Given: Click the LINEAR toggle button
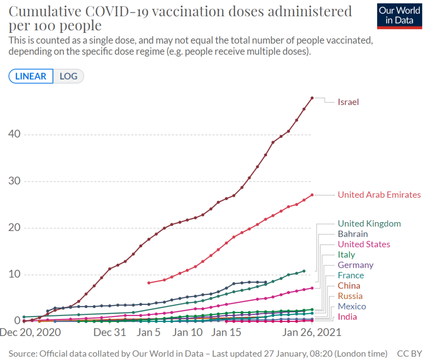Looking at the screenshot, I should click(x=31, y=76).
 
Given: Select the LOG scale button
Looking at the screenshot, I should click(x=68, y=76).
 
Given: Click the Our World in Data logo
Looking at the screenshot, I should click(x=396, y=15).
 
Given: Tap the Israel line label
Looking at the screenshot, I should click(x=348, y=102).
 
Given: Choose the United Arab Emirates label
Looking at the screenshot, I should click(x=379, y=195).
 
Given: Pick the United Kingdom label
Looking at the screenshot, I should click(x=369, y=223).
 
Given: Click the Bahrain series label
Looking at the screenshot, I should click(x=353, y=234).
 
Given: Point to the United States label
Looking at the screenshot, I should click(x=364, y=244).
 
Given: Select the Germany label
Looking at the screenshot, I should click(x=355, y=265).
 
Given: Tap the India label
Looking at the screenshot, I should click(x=347, y=317).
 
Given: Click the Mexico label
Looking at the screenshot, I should click(x=352, y=306).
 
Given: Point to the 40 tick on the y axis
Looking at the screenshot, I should click(x=15, y=135).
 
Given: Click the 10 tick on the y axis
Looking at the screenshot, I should click(x=15, y=274).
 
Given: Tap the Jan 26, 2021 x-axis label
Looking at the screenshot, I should click(x=312, y=332).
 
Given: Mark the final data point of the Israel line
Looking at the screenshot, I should click(x=312, y=98).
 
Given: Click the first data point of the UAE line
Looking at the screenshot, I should click(x=149, y=283).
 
